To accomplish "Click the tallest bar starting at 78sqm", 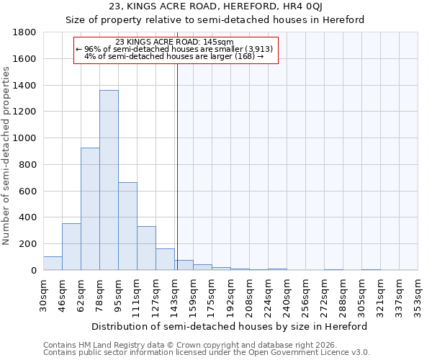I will coord(109,180).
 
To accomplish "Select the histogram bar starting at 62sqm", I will coord(90,209).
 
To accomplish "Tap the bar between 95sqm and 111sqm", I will coord(127,226).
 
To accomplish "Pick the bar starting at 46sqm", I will coord(71,247).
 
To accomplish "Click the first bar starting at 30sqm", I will coord(53,264).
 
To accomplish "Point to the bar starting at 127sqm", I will coord(165,260).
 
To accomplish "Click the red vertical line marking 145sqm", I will coord(176,166).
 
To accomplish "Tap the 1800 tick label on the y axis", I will coord(25,32).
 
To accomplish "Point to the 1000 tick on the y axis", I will coord(25,138).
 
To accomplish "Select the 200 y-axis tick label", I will coord(29,244).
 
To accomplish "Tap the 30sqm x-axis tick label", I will coord(43,294).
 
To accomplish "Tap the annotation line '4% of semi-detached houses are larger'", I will coord(174,55).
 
